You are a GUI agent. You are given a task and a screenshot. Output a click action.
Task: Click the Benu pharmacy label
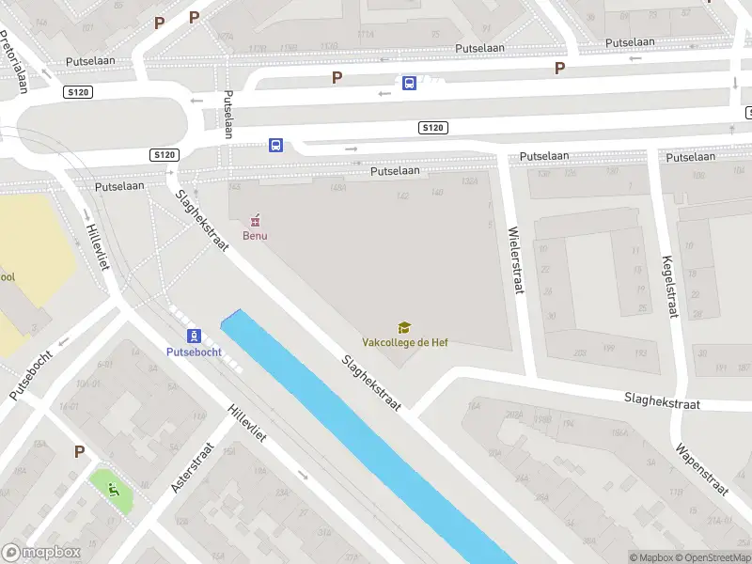[255, 235]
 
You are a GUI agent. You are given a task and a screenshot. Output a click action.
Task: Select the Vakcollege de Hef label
[405, 342]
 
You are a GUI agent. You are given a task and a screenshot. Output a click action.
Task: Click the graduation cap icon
[404, 327]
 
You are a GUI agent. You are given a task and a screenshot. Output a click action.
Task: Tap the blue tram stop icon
[194, 336]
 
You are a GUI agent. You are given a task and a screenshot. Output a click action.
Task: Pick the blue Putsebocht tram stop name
[194, 352]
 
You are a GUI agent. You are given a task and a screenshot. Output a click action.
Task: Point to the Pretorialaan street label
[15, 62]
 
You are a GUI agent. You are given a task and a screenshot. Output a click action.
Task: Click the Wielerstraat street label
[513, 260]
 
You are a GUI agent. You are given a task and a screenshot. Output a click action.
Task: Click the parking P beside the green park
[80, 452]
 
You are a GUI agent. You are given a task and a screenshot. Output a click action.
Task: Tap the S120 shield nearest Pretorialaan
[78, 91]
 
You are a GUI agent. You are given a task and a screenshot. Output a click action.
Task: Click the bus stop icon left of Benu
[276, 145]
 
